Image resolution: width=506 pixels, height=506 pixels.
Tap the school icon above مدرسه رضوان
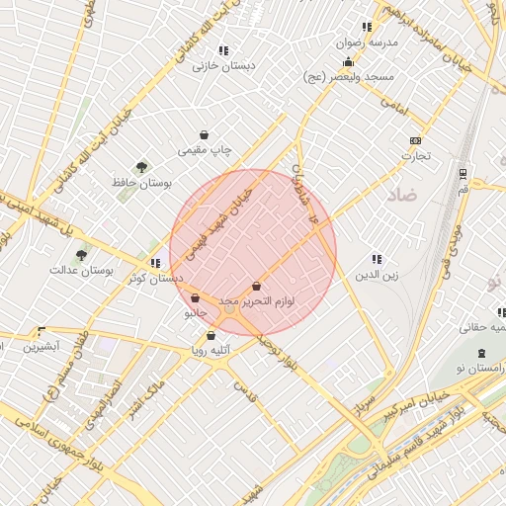point(367,27)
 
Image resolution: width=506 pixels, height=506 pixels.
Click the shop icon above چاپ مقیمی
point(205,135)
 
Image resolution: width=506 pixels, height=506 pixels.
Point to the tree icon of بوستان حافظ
point(144,168)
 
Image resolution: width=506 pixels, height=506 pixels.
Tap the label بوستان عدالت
point(81,270)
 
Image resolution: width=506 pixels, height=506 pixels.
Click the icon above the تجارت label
point(415,140)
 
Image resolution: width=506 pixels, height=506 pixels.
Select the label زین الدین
point(378,276)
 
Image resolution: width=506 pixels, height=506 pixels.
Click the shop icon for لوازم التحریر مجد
point(256,286)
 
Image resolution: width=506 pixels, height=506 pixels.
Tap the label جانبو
point(196,314)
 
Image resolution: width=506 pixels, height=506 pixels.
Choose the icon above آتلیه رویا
point(211,335)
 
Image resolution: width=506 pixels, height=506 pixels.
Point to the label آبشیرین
point(42,347)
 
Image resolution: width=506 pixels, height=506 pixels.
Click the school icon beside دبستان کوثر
point(155,263)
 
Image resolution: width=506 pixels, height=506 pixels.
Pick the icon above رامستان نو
point(481,353)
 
